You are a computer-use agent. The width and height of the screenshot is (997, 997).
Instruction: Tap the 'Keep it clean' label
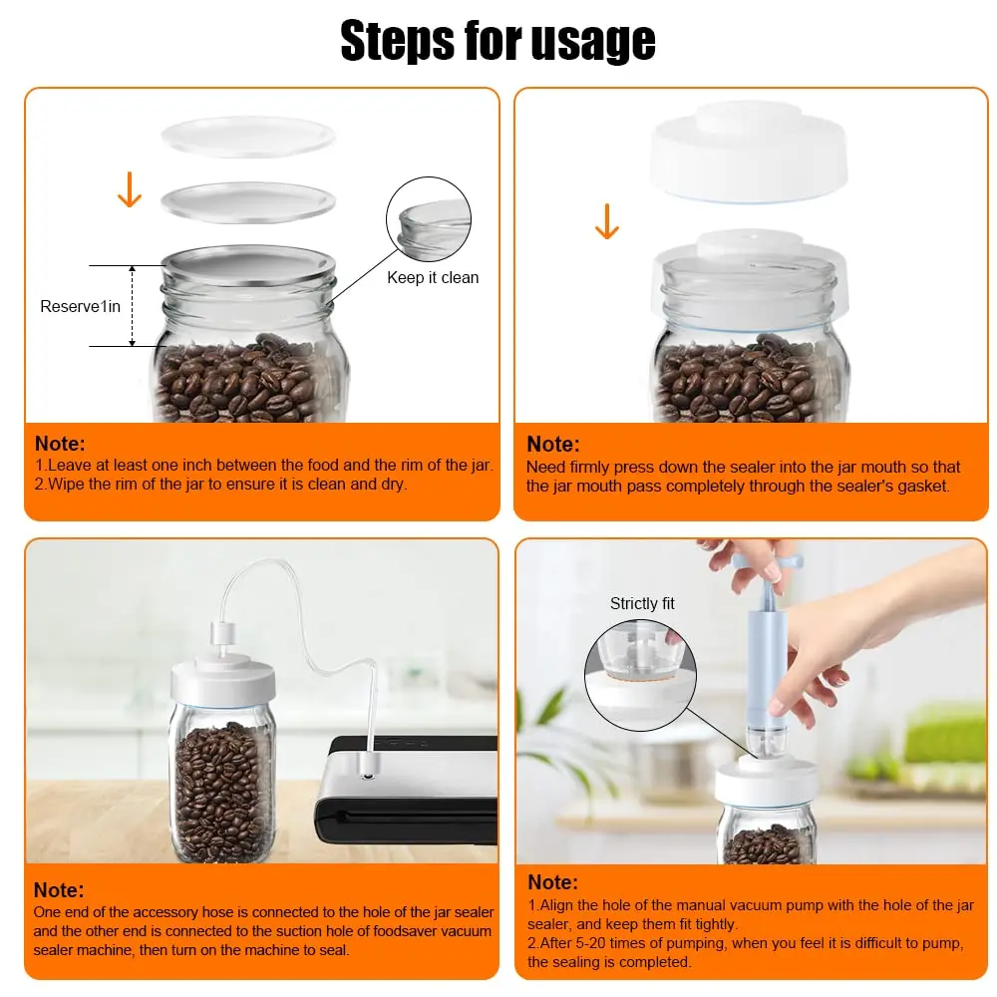[x=433, y=277]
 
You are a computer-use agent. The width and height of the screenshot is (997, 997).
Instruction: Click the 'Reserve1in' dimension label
[x=80, y=306]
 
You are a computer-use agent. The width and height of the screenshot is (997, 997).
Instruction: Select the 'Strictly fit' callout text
[x=642, y=603]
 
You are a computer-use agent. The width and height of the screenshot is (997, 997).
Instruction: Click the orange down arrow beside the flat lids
[x=130, y=189]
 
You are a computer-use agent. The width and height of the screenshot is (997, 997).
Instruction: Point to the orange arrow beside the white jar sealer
[x=607, y=221]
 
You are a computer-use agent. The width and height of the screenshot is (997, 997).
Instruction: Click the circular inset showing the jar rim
[x=429, y=219]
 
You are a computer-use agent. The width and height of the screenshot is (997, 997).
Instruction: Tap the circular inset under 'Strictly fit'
[x=640, y=676]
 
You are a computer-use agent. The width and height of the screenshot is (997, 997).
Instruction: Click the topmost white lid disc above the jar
[x=248, y=136]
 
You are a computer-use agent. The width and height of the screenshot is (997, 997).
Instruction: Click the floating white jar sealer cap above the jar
[x=749, y=151]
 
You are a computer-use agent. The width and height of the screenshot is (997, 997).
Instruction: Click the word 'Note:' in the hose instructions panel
[x=59, y=889]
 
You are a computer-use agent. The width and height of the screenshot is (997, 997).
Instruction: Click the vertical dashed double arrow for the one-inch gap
[x=133, y=306]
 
